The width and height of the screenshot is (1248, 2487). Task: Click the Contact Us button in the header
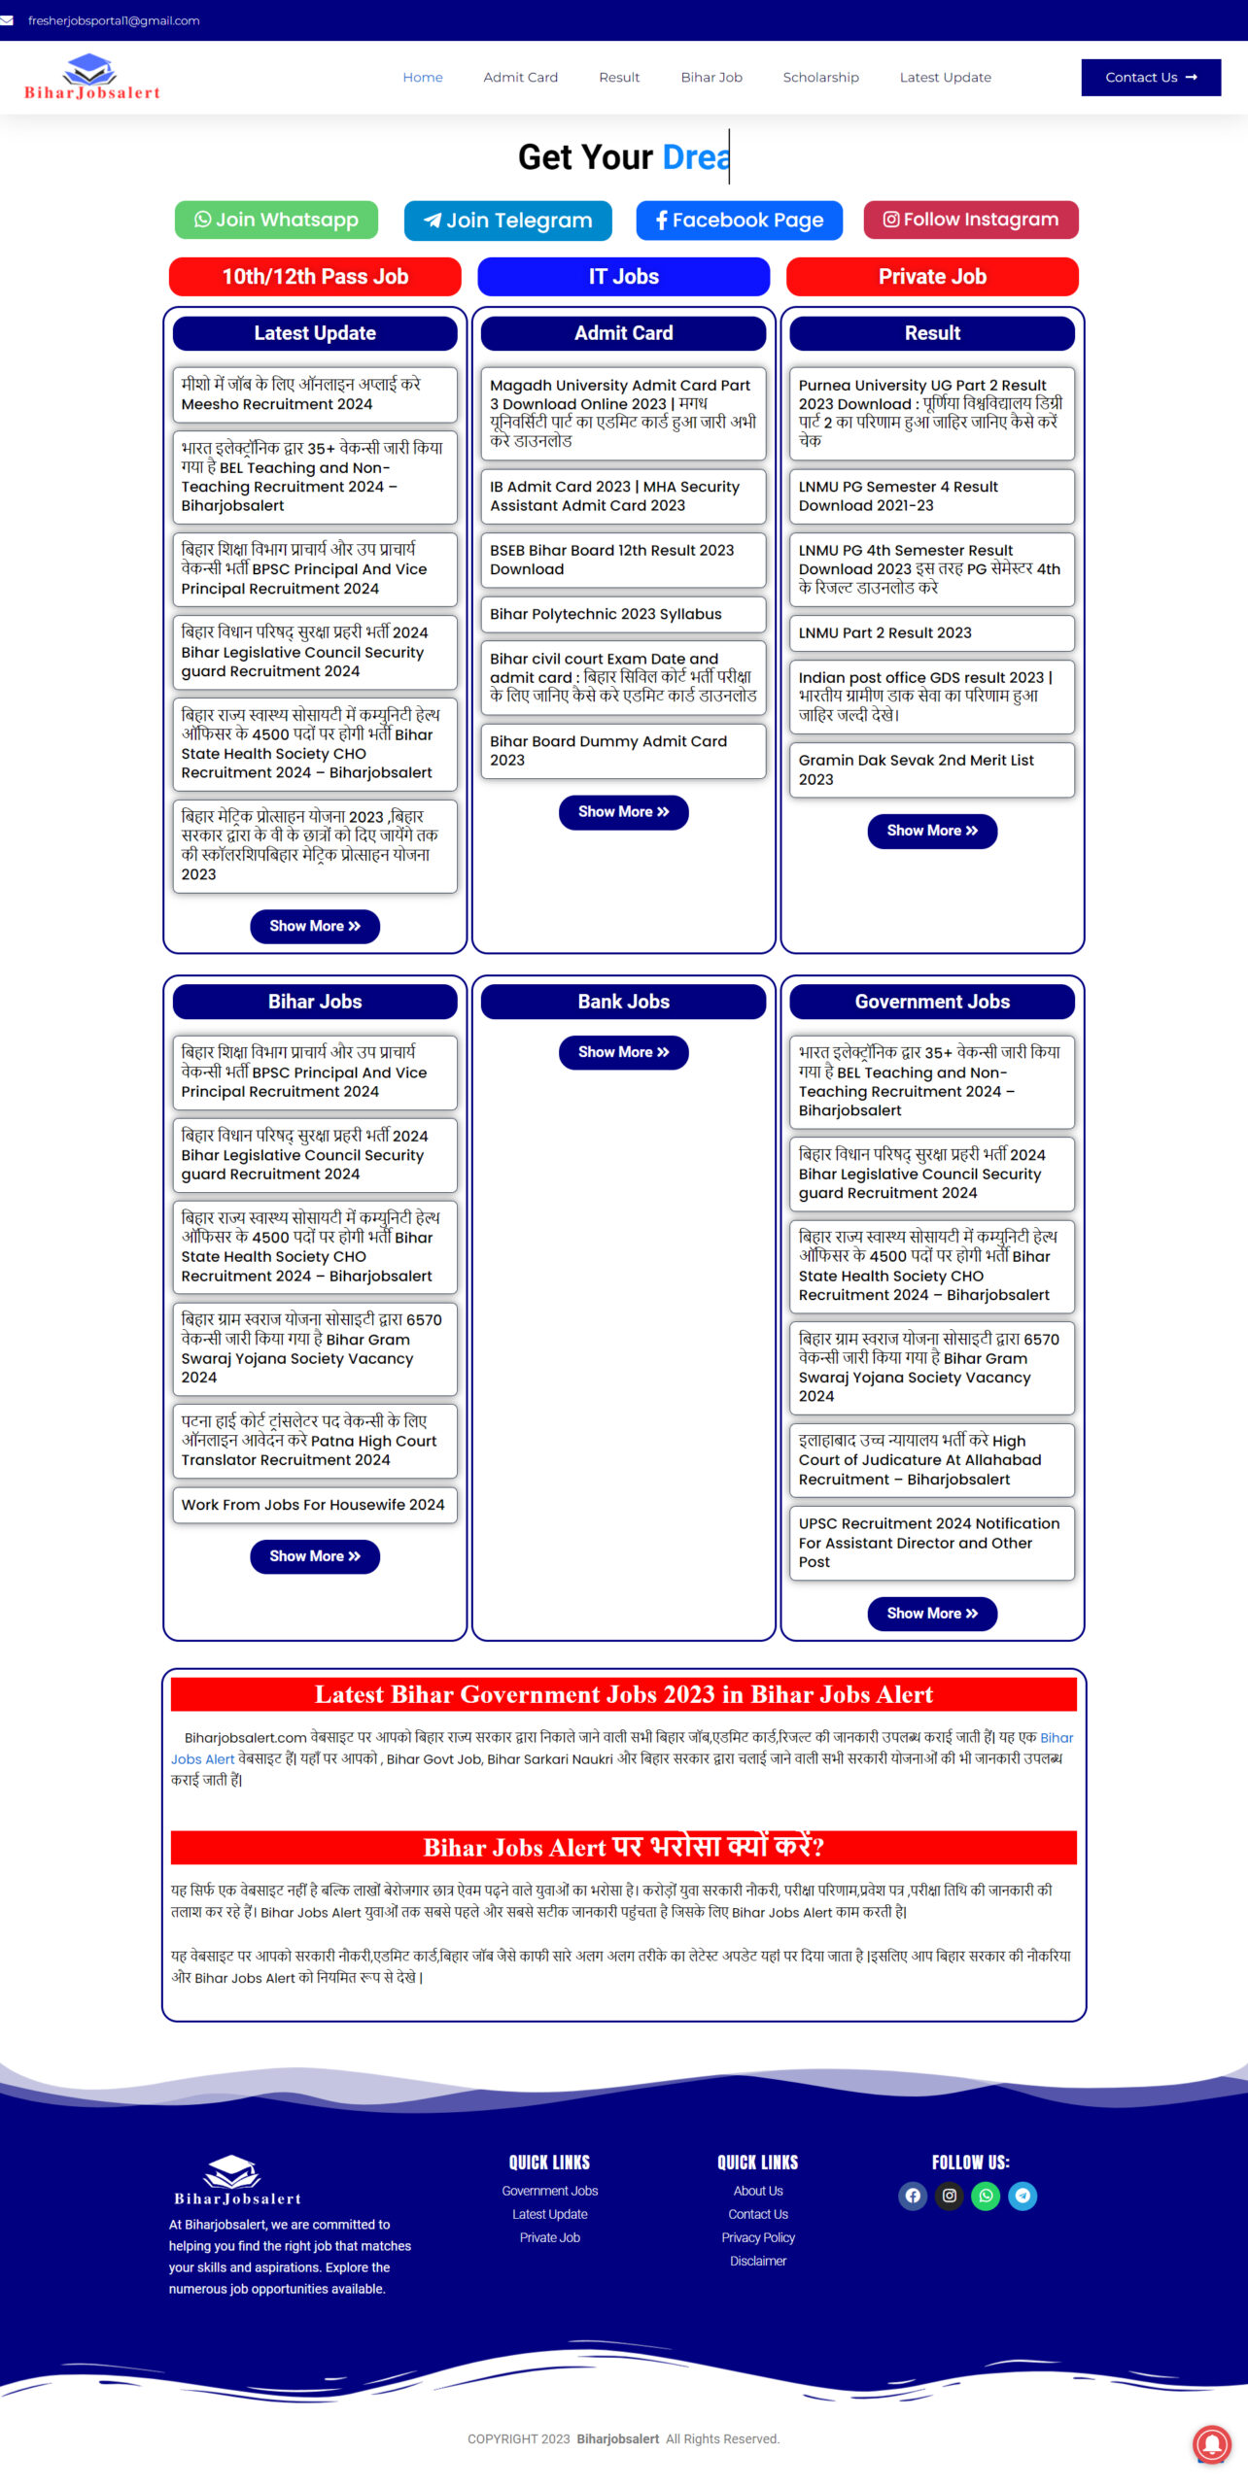coord(1151,78)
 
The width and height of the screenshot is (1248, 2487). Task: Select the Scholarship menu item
coord(820,78)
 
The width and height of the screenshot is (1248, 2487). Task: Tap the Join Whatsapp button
coord(276,220)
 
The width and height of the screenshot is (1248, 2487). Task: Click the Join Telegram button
coord(507,221)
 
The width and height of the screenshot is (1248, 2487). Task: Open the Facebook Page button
coord(739,221)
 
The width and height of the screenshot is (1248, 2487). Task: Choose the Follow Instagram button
coord(970,220)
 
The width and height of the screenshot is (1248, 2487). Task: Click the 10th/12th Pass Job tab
coord(315,277)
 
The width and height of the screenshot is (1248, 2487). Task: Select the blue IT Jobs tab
coord(623,277)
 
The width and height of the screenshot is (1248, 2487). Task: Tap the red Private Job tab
coord(932,277)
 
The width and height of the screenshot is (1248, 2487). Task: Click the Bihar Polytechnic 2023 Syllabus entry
coord(606,614)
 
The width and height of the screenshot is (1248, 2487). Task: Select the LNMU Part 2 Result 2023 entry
coord(884,633)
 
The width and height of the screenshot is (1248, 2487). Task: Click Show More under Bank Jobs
coord(623,1052)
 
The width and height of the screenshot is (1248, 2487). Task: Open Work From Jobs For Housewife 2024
coord(312,1505)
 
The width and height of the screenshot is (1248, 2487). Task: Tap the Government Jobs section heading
coord(932,1002)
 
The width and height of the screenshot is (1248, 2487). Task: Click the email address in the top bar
coord(114,20)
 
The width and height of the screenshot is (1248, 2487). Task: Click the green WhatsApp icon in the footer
coord(986,2196)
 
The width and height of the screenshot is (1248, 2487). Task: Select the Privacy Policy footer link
coord(758,2237)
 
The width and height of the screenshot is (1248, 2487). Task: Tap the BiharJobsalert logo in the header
coord(91,78)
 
